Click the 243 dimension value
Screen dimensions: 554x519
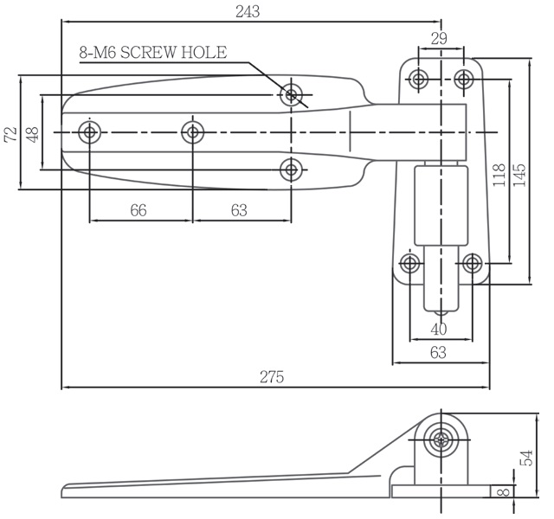tap(248, 12)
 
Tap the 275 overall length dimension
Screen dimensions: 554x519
tap(272, 377)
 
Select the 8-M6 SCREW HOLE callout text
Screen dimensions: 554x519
tap(153, 53)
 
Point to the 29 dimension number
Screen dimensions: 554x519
tap(439, 38)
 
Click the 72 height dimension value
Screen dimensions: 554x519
tap(11, 134)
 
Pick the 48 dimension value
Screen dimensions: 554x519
tap(33, 135)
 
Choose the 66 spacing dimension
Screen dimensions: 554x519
tap(138, 210)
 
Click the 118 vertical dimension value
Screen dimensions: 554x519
tap(499, 175)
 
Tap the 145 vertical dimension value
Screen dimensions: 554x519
tap(519, 175)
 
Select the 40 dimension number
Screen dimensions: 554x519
tap(439, 330)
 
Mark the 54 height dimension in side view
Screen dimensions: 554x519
tap(526, 458)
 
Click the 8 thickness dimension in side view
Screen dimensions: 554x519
tap(505, 491)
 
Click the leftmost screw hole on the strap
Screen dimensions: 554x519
tap(89, 132)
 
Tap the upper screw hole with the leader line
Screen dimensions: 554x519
tap(291, 94)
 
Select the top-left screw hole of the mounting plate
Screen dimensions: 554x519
tap(418, 79)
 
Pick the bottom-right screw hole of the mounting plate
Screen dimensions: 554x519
tap(472, 263)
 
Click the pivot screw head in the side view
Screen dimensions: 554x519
tap(441, 440)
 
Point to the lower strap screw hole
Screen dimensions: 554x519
tap(291, 170)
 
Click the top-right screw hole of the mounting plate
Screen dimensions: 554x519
tap(464, 79)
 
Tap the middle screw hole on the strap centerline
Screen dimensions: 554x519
tap(192, 132)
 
